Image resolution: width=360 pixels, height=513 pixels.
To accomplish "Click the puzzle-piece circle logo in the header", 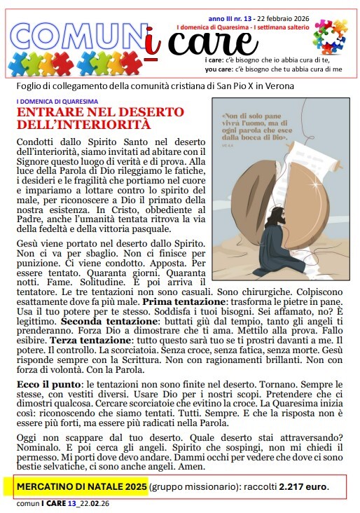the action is click(329, 36).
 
